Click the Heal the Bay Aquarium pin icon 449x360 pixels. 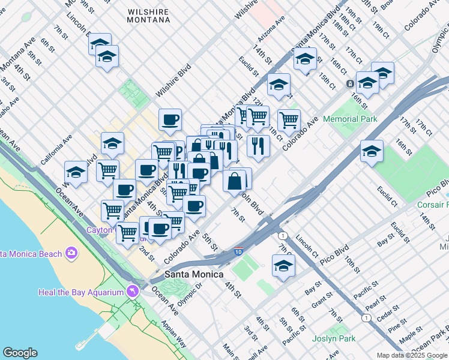tap(132, 292)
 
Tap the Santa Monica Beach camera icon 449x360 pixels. tap(72, 253)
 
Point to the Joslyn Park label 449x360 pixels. tap(334, 338)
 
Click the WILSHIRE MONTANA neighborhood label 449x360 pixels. tap(148, 16)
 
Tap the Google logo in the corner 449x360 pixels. tap(20, 353)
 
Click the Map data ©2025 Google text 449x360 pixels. tap(412, 355)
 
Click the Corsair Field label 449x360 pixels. tap(432, 205)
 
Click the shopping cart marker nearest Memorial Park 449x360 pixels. tap(289, 119)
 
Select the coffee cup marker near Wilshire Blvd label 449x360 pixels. tap(170, 119)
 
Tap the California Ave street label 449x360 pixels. tap(56, 150)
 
